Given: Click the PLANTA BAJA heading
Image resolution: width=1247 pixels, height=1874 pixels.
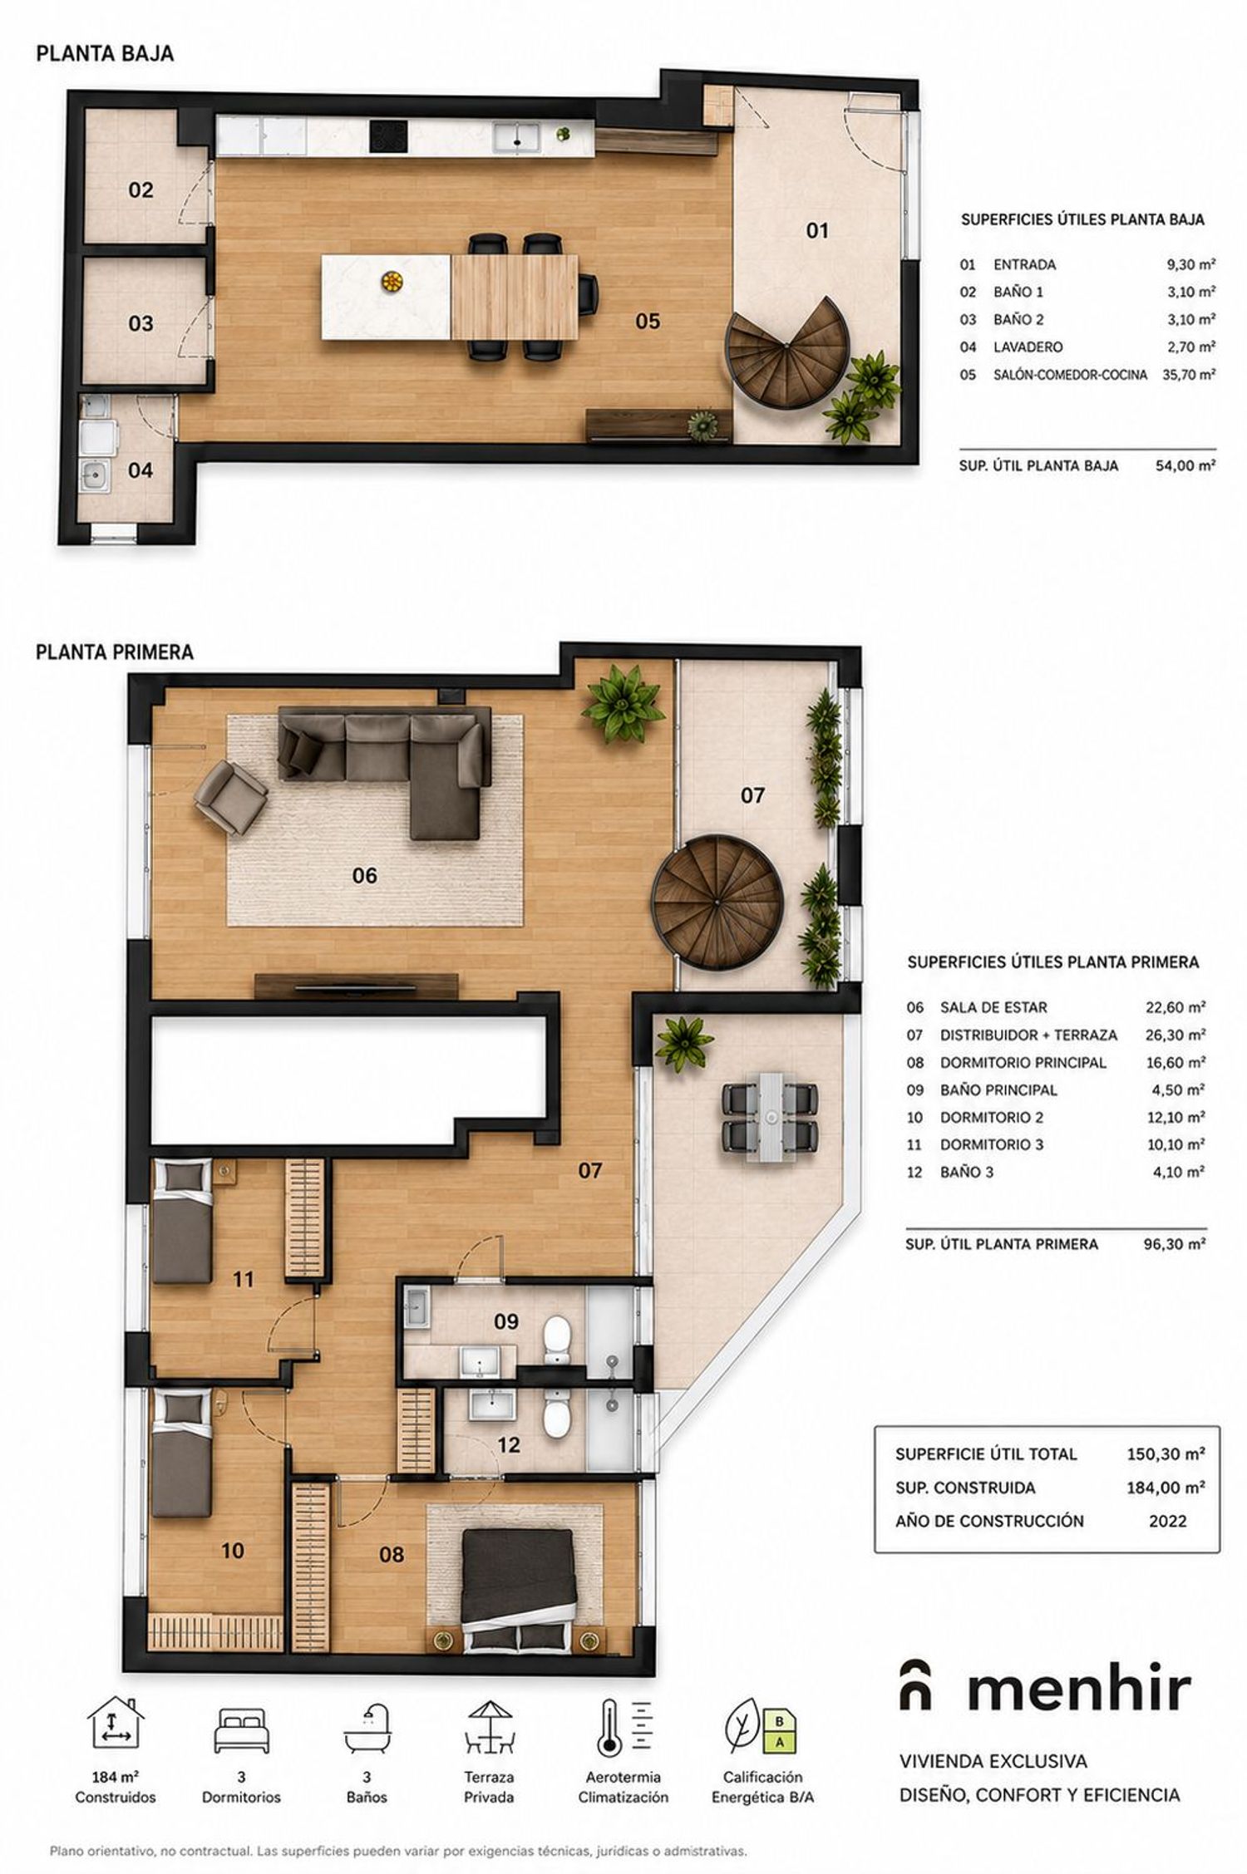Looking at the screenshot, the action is click(105, 54).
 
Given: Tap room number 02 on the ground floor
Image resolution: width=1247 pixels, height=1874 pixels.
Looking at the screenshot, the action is click(140, 190).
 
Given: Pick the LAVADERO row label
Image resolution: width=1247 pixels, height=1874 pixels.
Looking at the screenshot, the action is click(1028, 347).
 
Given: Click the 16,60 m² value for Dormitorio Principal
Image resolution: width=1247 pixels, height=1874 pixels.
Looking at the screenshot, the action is click(1176, 1062).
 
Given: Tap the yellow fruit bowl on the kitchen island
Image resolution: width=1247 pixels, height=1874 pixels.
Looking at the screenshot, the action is click(388, 282).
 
